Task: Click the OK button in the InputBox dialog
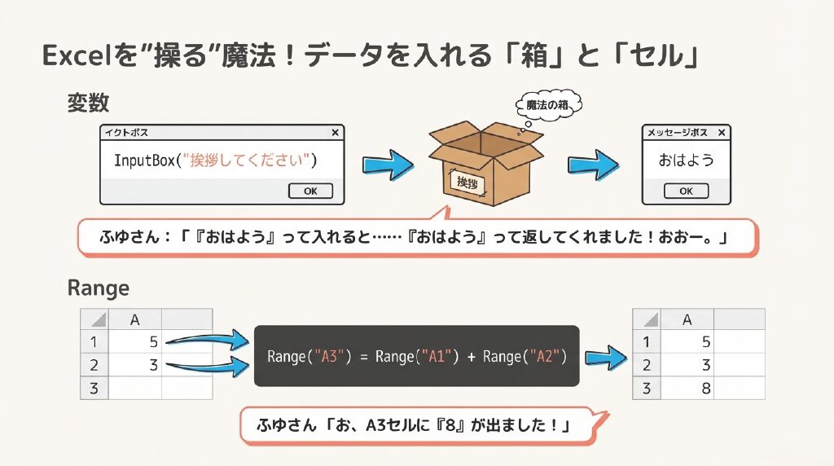point(310,191)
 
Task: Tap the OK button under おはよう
point(686,191)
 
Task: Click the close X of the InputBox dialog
point(336,132)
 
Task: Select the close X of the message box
point(722,132)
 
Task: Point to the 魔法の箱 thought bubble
point(546,105)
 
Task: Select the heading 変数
point(88,103)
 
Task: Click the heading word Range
point(98,288)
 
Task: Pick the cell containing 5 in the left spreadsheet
point(135,342)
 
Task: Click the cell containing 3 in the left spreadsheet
point(135,366)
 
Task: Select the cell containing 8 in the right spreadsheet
point(688,389)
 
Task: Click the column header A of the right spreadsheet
point(688,319)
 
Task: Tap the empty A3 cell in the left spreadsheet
point(135,389)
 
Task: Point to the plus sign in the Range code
point(472,357)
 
